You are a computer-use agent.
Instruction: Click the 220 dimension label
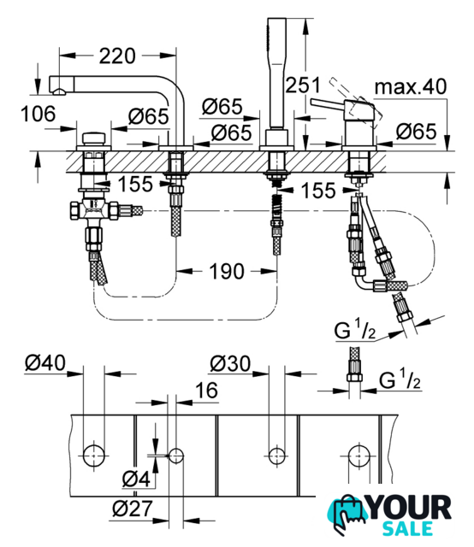117,56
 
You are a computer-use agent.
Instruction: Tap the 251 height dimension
303,85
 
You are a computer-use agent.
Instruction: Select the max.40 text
411,86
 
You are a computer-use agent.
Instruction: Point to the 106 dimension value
38,114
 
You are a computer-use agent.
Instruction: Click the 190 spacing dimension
227,271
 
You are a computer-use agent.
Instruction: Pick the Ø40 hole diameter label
45,362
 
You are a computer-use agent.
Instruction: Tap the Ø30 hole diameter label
230,363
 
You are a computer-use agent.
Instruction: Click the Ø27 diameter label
133,509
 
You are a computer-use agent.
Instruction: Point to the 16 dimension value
206,390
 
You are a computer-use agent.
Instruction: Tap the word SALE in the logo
407,529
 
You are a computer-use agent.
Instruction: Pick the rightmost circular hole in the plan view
359,456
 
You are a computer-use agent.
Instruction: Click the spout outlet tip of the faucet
58,91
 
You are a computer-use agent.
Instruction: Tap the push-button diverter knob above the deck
93,138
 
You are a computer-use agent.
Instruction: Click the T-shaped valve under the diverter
93,209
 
